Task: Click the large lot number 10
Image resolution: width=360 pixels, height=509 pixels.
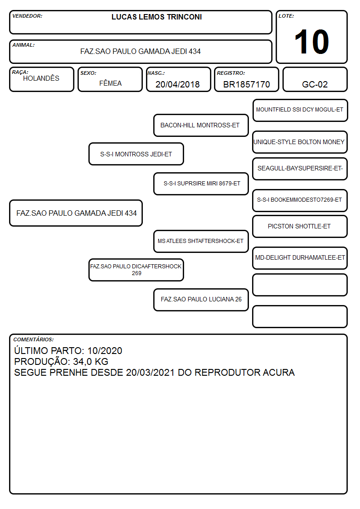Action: tap(311, 42)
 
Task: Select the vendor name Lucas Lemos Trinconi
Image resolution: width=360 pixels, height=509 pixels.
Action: tap(156, 17)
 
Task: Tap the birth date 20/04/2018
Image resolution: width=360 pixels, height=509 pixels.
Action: tap(178, 84)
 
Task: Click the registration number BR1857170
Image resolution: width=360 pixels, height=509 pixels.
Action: tap(246, 84)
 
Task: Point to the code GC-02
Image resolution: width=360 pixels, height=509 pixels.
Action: tap(315, 84)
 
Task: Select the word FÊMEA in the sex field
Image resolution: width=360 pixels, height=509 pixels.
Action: tap(110, 83)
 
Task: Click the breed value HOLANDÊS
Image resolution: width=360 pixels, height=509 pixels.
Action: tap(41, 78)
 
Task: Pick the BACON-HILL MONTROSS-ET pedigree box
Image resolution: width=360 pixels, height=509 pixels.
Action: tap(201, 125)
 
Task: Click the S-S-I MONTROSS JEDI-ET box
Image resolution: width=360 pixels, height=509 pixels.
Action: tap(136, 154)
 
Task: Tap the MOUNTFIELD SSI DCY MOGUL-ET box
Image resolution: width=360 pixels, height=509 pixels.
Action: tap(300, 111)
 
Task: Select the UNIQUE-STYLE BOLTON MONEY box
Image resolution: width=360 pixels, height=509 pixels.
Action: tap(300, 142)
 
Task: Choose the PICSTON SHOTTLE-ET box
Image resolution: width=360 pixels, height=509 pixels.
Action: tap(300, 226)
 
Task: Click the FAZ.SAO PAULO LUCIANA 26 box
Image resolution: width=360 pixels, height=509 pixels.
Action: tap(201, 300)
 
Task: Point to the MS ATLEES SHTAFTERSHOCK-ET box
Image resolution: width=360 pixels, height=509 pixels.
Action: tap(201, 241)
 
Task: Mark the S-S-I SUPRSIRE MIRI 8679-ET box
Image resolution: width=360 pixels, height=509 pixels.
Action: tap(201, 184)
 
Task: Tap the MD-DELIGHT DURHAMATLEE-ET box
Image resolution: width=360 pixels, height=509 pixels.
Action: tap(300, 258)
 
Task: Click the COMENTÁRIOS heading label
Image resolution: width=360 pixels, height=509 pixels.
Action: tap(34, 339)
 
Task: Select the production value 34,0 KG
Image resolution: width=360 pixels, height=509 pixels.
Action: tap(91, 362)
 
